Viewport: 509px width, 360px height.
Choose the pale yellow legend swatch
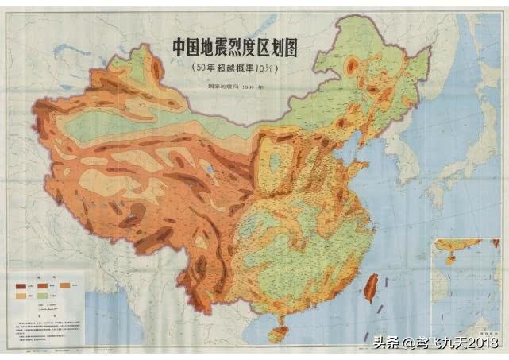(21, 296)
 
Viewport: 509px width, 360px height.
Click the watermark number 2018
(483, 343)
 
